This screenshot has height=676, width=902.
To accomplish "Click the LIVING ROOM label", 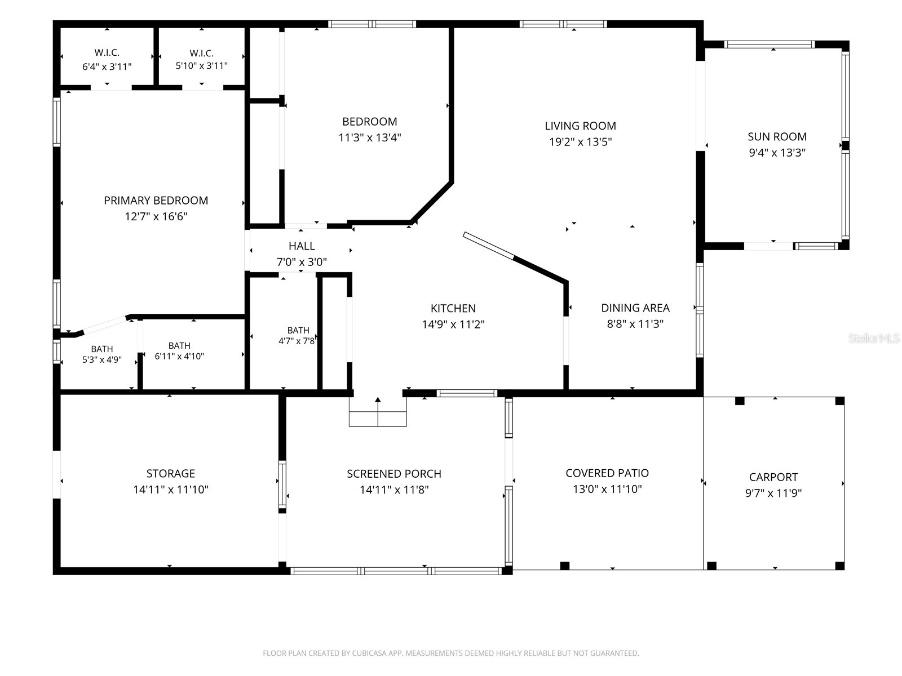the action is tap(580, 126).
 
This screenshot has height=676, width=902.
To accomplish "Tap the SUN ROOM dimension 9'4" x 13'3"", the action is tap(777, 153).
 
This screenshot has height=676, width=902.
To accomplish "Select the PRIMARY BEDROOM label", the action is tap(156, 201).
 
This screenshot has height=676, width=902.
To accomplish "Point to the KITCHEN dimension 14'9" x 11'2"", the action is tap(453, 324).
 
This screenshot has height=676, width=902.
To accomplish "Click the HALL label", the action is tap(302, 246).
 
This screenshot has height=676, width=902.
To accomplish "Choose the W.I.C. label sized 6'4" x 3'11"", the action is tap(107, 52).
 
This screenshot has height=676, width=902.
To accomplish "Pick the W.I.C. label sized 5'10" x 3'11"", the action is tap(201, 53).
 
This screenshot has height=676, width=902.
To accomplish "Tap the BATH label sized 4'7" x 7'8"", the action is tap(298, 330).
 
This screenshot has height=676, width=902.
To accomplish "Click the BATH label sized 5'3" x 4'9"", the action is tap(102, 349).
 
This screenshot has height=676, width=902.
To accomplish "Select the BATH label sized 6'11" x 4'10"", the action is tap(179, 345).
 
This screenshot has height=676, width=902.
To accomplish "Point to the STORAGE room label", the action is tap(171, 473).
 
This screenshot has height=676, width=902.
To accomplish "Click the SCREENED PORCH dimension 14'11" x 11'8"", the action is tap(394, 490).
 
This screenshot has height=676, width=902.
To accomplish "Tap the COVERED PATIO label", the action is tap(607, 473).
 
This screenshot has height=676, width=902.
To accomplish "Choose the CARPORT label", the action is tap(773, 477).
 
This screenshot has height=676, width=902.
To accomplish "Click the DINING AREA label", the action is tap(635, 308).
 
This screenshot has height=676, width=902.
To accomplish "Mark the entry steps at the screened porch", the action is tap(378, 412).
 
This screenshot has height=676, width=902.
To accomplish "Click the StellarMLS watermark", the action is tap(874, 338).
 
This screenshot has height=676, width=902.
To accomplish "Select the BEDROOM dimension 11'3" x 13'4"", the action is tap(369, 137).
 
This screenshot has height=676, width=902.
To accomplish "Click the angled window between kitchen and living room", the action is tap(488, 246).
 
